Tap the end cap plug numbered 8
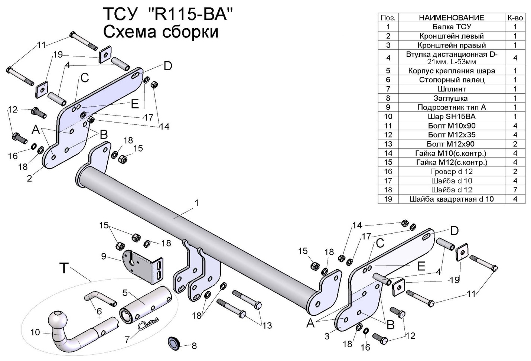coord(173,344)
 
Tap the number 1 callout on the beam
coord(197,203)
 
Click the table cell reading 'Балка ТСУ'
coord(452,27)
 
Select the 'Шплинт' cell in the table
coord(452,89)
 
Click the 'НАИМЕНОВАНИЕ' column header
coord(452,17)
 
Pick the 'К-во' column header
coord(515,17)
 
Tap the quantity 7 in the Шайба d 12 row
coord(515,190)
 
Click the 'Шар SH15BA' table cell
coord(452,117)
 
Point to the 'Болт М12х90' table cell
coord(452,144)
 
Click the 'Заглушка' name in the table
coord(452,98)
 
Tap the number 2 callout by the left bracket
coord(29,178)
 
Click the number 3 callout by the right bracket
coord(327,336)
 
